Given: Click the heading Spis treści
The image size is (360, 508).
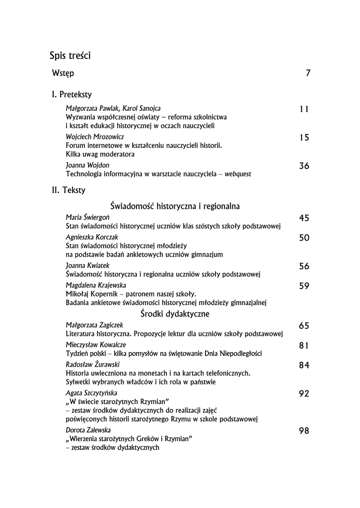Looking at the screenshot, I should coord(70,56).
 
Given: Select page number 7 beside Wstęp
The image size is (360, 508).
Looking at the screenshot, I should coord(308,73).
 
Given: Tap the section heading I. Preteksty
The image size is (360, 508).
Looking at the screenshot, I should coord(72,94).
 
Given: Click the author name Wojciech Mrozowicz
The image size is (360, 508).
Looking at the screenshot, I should coord(95,136).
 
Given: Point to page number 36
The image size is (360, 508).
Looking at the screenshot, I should coord(304,166).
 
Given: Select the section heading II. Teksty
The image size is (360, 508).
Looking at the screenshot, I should coord(69,190).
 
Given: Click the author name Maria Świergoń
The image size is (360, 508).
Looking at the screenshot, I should coord(88,217).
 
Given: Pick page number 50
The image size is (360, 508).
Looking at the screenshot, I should coord(304,238).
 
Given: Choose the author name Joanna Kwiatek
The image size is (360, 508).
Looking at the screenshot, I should coord(87,265).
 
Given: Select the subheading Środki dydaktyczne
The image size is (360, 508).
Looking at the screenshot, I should coord(174,314).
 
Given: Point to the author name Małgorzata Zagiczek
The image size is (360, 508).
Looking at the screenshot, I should coord(94,325).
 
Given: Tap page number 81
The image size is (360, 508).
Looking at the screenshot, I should coord(304,345).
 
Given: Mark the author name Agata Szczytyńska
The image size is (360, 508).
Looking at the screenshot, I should coord(91,393).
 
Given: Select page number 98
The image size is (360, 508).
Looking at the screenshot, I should coord(304,431).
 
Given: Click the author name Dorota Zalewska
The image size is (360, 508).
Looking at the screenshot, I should coord(88,430).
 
